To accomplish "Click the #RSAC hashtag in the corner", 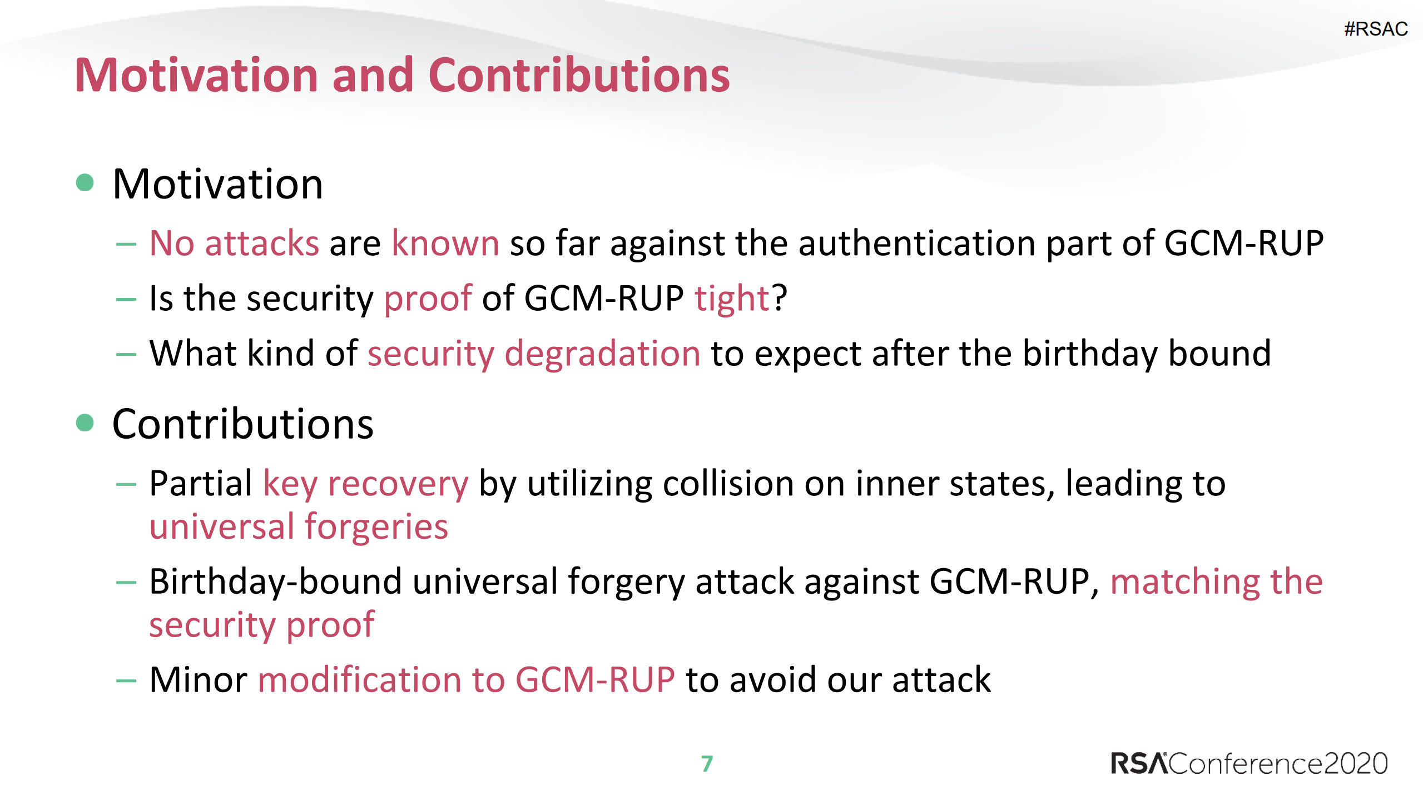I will (1375, 29).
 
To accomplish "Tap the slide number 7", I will (707, 763).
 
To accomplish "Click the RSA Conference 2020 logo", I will (1248, 763).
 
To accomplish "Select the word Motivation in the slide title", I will (196, 75).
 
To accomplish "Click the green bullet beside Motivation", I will (85, 182).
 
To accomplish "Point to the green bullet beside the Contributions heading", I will (85, 423).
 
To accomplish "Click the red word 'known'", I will (445, 244).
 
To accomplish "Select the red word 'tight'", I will (732, 299).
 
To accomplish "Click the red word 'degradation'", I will (602, 354).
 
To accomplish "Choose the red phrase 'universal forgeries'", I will (299, 527).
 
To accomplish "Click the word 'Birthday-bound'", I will (275, 582).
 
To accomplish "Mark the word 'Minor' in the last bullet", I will (198, 679).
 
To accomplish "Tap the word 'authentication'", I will (916, 244).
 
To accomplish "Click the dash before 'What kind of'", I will (126, 354).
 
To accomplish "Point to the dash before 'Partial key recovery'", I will (126, 484).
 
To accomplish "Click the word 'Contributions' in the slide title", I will (578, 75).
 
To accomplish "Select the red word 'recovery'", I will (398, 484).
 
